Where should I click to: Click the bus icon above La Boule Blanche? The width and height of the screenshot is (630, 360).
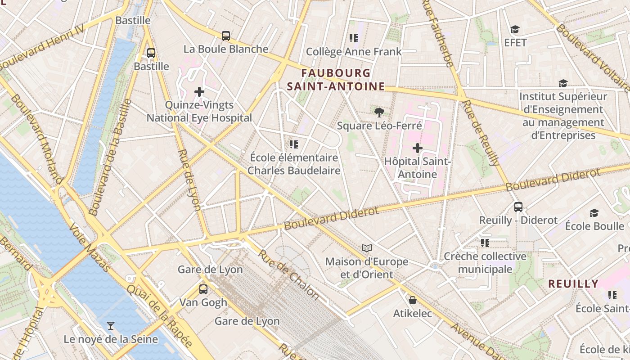226,36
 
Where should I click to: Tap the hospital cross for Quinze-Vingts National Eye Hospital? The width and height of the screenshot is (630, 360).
199,92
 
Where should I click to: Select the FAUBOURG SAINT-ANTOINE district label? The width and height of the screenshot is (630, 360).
336,80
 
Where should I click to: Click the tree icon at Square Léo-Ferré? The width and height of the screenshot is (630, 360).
379,112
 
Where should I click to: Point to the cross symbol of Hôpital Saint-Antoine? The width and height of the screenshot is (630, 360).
418,148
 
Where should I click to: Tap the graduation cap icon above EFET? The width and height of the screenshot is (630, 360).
515,30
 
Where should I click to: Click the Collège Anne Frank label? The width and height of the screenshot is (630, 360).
354,52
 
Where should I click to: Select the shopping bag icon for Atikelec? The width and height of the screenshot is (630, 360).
412,300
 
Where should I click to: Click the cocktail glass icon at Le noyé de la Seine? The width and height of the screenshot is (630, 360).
111,326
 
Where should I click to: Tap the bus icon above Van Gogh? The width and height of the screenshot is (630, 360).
203,289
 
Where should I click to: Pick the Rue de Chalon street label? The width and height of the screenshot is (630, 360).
288,274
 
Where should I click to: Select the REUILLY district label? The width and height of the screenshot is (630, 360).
573,284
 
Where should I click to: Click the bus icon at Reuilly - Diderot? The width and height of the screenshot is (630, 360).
518,207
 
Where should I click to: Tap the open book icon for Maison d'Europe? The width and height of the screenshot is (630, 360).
367,248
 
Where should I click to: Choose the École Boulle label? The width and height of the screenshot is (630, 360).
594,226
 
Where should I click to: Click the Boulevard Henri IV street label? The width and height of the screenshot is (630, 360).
43,45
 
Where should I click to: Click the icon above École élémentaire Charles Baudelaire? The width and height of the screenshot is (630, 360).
294,144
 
